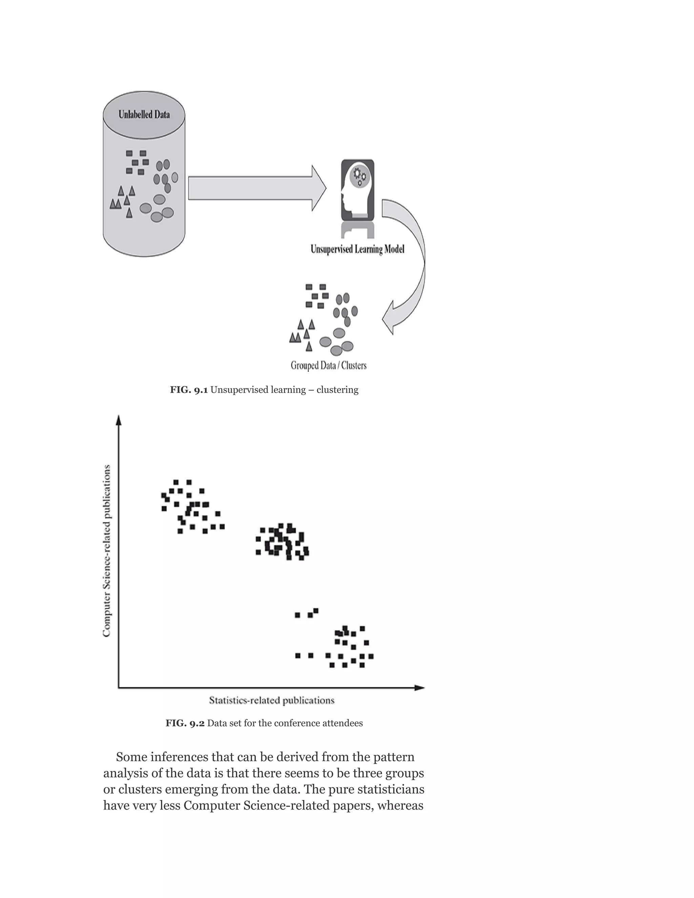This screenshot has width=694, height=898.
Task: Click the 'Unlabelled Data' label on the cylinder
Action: point(144,114)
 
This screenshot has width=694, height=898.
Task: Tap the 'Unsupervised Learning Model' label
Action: point(357,249)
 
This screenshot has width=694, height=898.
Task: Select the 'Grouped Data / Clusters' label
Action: point(328,366)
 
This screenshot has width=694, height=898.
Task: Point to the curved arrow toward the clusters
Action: point(411,263)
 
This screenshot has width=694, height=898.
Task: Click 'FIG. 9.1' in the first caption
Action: point(189,390)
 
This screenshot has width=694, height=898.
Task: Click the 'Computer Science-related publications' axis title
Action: point(107,551)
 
